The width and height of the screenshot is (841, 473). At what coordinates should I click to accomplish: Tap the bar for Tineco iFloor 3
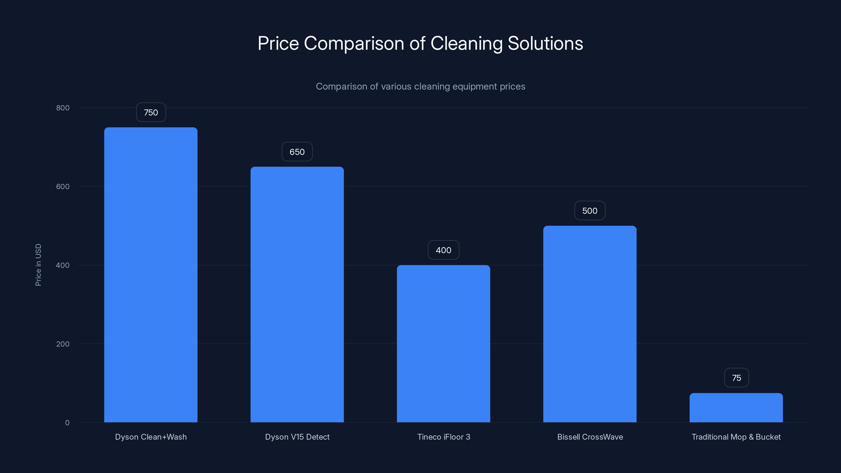(x=443, y=343)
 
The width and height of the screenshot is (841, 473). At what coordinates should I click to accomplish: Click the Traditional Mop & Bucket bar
(x=736, y=408)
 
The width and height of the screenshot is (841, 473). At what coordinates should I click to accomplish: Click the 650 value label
(x=297, y=152)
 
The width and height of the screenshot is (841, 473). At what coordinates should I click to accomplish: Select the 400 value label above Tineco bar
(x=443, y=250)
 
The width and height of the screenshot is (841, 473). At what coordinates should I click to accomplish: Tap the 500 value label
(x=589, y=210)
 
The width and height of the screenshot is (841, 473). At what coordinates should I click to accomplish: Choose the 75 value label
(x=736, y=378)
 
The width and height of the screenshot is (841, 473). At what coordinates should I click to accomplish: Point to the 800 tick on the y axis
(x=63, y=108)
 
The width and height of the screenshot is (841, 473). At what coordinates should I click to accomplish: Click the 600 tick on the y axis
(x=63, y=186)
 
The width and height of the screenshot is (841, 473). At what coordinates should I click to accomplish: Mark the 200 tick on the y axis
(x=63, y=344)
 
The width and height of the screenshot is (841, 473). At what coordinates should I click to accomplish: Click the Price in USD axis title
(x=38, y=265)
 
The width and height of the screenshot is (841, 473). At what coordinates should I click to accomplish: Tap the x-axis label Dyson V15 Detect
(x=297, y=437)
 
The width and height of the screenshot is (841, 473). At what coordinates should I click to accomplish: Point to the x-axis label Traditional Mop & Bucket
(x=736, y=437)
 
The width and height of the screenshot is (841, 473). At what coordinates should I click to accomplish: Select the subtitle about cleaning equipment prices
(x=420, y=86)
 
